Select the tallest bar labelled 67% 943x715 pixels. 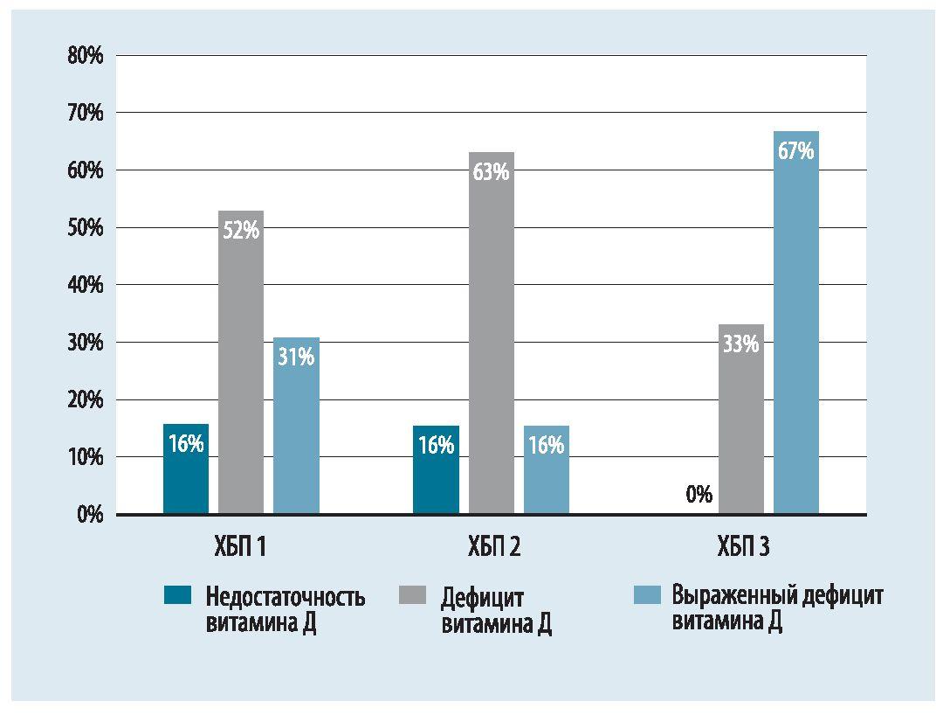click(795, 323)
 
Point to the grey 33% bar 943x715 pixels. click(740, 420)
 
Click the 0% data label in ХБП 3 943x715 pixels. click(699, 495)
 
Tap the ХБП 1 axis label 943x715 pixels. click(240, 548)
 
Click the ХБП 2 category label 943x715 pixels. click(491, 548)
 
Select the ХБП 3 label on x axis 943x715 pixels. click(740, 548)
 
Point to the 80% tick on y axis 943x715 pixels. click(85, 56)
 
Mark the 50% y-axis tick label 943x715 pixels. click(85, 228)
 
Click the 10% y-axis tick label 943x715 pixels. click(85, 457)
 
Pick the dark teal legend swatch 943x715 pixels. click(177, 596)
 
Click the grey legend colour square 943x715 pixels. click(413, 596)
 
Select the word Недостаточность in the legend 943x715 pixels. click(286, 598)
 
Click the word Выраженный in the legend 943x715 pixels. click(731, 596)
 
